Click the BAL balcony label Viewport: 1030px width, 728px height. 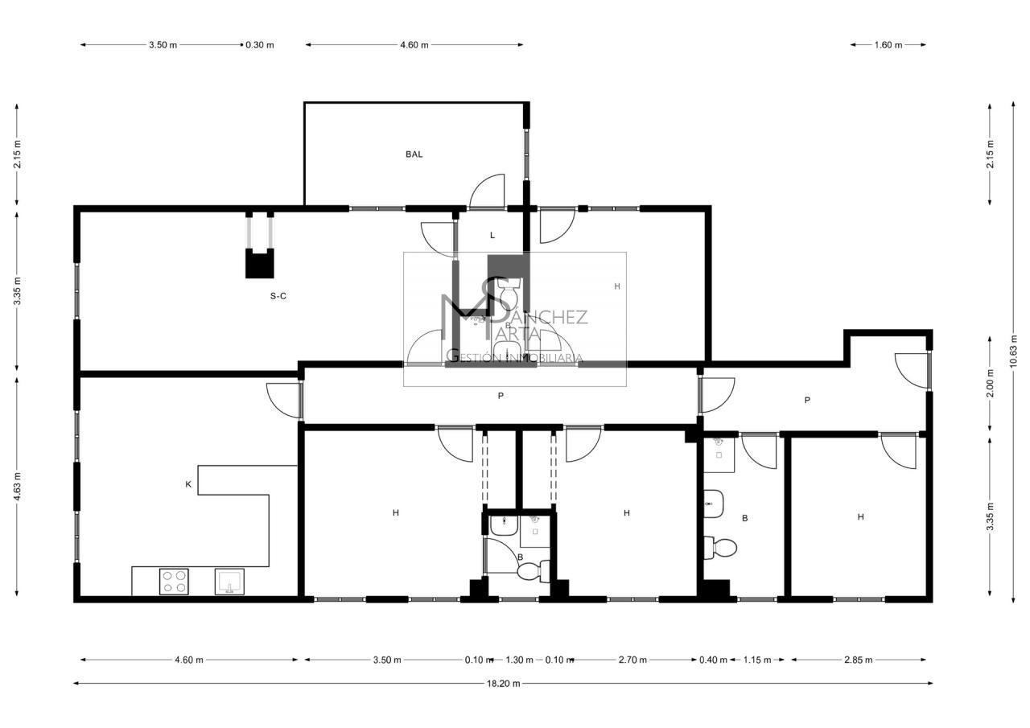(x=414, y=154)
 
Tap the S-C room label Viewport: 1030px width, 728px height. (x=278, y=297)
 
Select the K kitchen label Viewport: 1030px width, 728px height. (x=188, y=484)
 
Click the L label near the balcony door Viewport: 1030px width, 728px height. (x=492, y=236)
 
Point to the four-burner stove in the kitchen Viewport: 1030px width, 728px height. (x=174, y=582)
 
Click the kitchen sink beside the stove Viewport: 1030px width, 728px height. (x=229, y=582)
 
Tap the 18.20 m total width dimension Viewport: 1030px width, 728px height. (x=504, y=684)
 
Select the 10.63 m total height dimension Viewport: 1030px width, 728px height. (x=1013, y=352)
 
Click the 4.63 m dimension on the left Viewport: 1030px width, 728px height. (x=17, y=487)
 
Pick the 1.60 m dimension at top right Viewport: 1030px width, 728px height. (x=888, y=45)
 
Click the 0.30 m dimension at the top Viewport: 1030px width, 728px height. (x=260, y=45)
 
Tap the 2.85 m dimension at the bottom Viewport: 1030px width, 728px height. (x=859, y=660)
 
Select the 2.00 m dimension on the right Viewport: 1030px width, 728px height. (x=991, y=383)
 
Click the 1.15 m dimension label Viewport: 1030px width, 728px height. (x=757, y=660)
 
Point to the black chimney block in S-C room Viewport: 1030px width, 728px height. (x=260, y=264)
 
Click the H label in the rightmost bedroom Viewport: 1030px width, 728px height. (x=861, y=517)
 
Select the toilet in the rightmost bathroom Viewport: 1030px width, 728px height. (x=720, y=547)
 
